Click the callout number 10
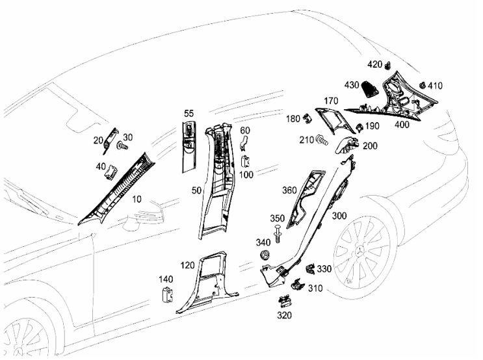pos(137,199)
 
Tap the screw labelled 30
pos(122,146)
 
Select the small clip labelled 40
pos(111,171)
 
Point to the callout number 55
pos(189,114)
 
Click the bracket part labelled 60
pos(245,142)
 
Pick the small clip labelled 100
pos(245,161)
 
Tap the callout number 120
pos(187,265)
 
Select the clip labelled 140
pos(167,294)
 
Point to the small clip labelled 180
pos(307,118)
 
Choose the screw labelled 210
pos(322,140)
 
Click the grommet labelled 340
pos(264,255)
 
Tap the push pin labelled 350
pos(278,234)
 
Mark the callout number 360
pos(289,190)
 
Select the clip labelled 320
pos(285,302)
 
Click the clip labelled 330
pos(311,270)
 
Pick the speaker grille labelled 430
pos(371,89)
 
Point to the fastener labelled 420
pos(388,65)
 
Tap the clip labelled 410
pos(423,85)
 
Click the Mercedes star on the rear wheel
pos(359,251)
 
